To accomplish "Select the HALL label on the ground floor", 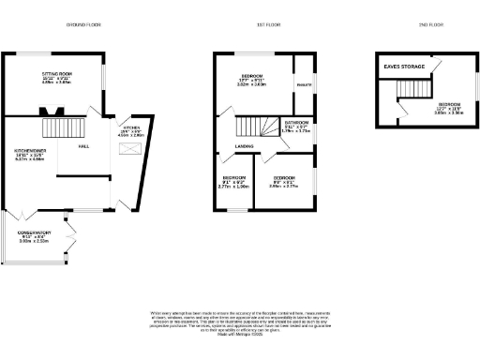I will [83, 147].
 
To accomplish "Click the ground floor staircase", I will [72, 127].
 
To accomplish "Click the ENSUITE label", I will [303, 85].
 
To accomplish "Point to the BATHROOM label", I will [297, 124].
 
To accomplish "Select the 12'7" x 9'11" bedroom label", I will [251, 77].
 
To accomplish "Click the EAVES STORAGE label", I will [401, 66].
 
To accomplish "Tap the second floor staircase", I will [413, 90].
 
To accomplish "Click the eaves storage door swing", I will [437, 65].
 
